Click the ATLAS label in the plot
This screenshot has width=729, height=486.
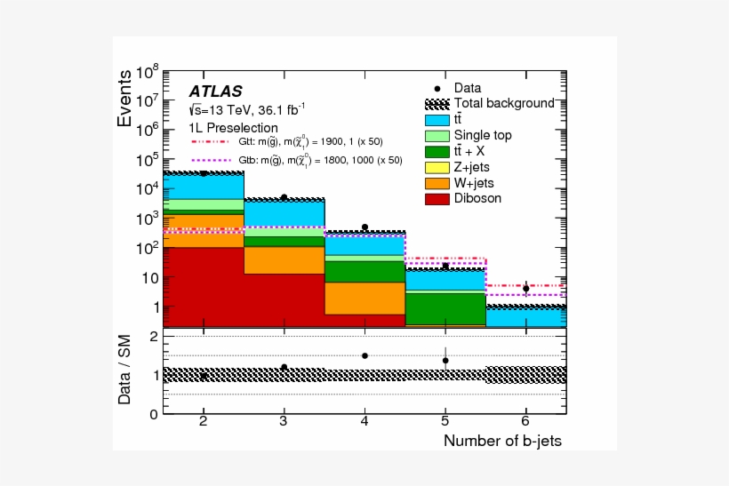(215, 91)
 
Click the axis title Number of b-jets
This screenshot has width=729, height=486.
(502, 441)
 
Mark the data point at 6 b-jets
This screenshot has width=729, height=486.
(526, 288)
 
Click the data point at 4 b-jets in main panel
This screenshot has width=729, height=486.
(364, 227)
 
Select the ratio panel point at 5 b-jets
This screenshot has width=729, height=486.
(445, 360)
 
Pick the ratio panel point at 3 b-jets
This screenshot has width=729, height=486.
(284, 367)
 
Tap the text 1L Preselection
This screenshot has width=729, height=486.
(228, 127)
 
